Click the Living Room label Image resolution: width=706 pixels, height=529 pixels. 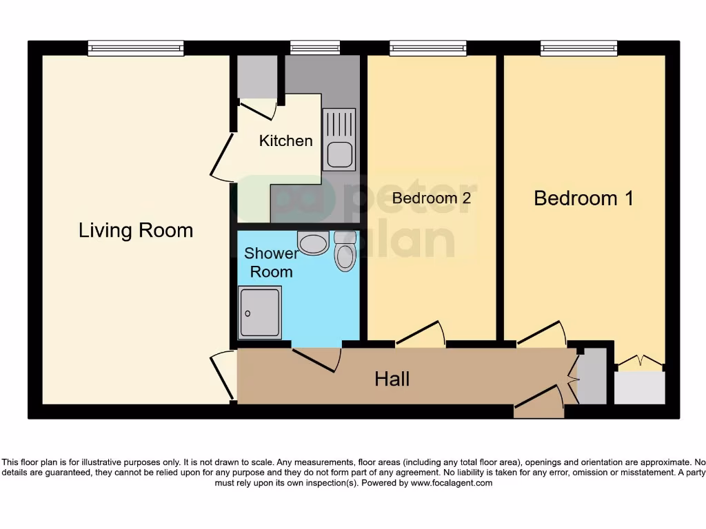136,230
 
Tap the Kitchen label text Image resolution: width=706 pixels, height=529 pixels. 285,141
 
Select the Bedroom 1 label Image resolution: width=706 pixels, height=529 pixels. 583,198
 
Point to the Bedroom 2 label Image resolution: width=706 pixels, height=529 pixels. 432,198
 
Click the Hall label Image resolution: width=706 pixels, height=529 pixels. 392,378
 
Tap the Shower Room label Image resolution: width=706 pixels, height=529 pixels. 271,262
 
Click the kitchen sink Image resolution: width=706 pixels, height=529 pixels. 339,140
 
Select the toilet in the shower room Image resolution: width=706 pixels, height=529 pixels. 345,252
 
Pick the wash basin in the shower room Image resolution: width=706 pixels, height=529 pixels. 313,242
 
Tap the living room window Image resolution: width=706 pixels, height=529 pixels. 136,48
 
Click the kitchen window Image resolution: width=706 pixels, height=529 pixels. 315,48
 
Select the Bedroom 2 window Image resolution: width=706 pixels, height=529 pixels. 427,48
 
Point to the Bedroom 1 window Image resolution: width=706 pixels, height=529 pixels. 578,48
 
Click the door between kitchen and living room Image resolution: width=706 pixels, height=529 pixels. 222,158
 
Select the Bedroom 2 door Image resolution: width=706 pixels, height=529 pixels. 421,333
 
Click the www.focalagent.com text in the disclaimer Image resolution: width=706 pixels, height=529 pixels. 452,483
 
